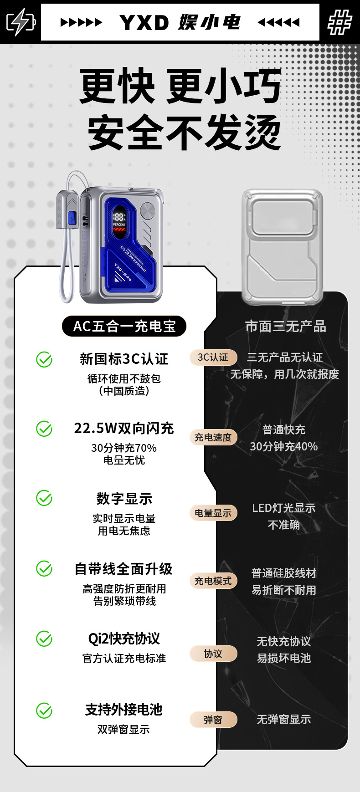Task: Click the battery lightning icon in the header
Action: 20,21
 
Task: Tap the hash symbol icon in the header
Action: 339,22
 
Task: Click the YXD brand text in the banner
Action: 144,22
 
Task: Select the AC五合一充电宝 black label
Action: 124,326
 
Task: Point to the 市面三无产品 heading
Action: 285,326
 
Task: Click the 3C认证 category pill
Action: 213,358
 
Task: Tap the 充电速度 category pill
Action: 213,438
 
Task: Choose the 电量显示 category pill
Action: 213,513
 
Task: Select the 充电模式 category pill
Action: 213,581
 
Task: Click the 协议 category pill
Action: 213,654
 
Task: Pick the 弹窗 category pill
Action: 213,720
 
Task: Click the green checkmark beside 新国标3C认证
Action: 44,360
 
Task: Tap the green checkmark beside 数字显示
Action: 44,498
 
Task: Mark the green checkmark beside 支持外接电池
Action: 44,710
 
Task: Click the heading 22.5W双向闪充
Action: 124,429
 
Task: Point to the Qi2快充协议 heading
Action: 124,639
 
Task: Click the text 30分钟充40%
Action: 283,446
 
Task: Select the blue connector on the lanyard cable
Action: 72,219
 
